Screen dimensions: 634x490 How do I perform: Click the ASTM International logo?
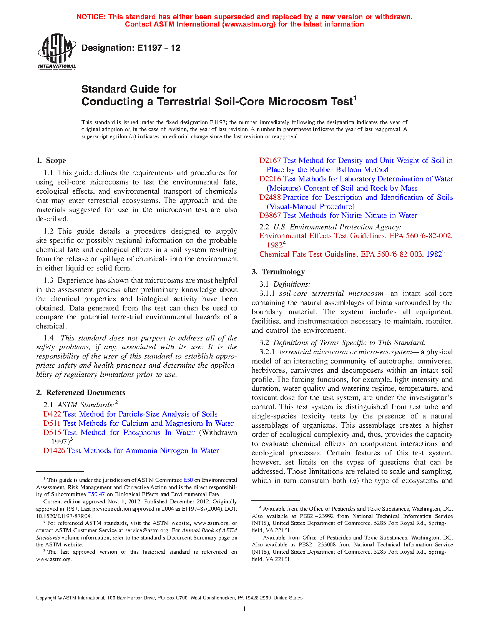pyautogui.click(x=56, y=51)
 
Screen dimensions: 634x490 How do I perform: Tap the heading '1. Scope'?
pyautogui.click(x=51, y=161)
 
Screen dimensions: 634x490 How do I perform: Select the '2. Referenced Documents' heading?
pyautogui.click(x=80, y=393)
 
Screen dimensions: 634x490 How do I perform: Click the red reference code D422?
pyautogui.click(x=52, y=414)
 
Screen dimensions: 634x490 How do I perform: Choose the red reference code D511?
pyautogui.click(x=52, y=423)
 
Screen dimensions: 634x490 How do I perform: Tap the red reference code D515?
pyautogui.click(x=52, y=433)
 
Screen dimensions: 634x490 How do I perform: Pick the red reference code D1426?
pyautogui.click(x=54, y=451)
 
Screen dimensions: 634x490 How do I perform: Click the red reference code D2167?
pyautogui.click(x=270, y=161)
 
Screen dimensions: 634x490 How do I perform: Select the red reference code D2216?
pyautogui.click(x=270, y=179)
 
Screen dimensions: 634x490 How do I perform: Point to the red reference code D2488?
pyautogui.click(x=270, y=198)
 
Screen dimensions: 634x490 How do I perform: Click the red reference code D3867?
pyautogui.click(x=270, y=216)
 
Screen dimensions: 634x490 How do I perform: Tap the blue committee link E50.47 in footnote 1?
pyautogui.click(x=96, y=495)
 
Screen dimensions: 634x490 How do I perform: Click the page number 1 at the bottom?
pyautogui.click(x=244, y=609)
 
